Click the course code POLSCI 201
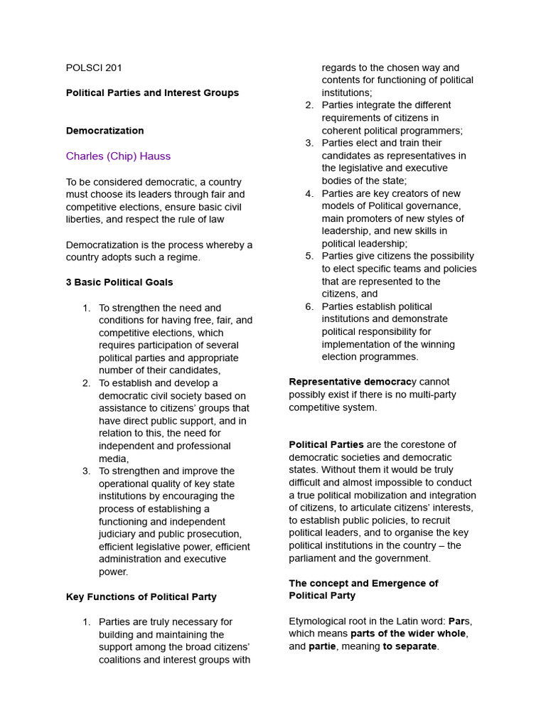[x=94, y=68]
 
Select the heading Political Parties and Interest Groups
[x=152, y=93]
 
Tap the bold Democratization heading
[x=105, y=131]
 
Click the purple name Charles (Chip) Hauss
[x=118, y=156]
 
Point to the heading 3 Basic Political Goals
[x=119, y=282]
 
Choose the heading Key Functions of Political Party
[x=141, y=597]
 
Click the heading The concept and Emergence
[x=363, y=584]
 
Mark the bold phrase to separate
[x=410, y=647]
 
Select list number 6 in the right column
[x=309, y=307]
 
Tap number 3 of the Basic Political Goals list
[x=86, y=471]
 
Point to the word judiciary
[x=119, y=535]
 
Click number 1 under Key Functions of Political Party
[x=86, y=622]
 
